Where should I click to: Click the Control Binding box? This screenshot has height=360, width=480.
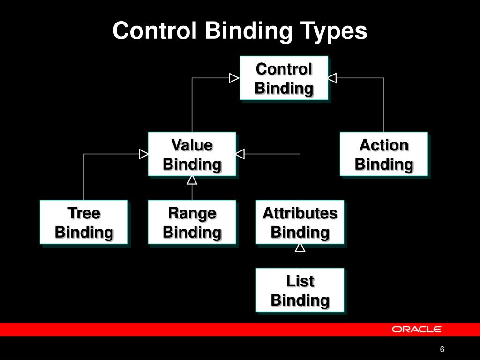point(284,78)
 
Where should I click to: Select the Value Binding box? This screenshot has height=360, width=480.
point(192,154)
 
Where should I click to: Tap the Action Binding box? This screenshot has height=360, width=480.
point(383,154)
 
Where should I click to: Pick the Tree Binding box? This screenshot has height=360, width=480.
point(84,222)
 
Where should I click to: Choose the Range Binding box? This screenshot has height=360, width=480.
point(192,222)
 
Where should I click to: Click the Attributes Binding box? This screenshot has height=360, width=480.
point(300,222)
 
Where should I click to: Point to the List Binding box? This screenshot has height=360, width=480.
point(300,290)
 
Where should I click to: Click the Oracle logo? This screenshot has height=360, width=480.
point(417,329)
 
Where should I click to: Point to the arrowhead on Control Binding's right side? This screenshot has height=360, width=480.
point(332,78)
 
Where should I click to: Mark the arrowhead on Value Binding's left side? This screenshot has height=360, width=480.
point(143,154)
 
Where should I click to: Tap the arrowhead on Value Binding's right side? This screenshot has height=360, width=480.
point(240,154)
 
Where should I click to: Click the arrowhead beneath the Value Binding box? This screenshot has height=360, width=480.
point(192,180)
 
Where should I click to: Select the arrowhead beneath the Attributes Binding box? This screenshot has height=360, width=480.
point(300,248)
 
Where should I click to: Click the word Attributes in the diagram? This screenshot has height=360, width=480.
point(300,213)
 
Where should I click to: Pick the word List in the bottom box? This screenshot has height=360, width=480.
point(300,281)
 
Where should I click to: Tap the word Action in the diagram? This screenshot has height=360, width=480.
point(383,145)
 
